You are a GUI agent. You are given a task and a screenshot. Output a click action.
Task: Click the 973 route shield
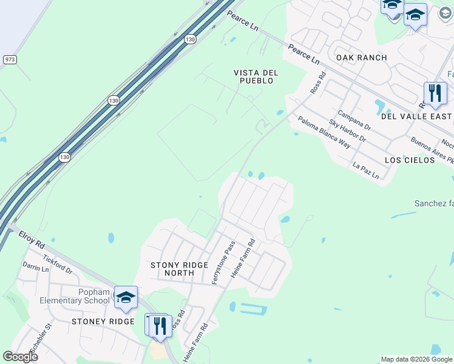[10, 59]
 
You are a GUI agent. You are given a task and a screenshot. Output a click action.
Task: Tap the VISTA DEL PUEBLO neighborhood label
[256, 76]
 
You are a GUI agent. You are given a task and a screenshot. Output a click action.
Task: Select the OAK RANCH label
[361, 58]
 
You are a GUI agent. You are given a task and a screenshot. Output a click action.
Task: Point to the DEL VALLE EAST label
[416, 116]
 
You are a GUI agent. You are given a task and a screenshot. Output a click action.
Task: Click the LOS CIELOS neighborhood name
[410, 160]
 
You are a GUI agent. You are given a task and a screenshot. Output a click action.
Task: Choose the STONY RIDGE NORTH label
[180, 269]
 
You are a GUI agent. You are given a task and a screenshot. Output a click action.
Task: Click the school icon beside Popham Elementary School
[126, 297]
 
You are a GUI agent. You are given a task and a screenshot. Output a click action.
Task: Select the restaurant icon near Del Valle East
[435, 93]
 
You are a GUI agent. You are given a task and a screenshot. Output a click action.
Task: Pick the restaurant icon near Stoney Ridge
[160, 325]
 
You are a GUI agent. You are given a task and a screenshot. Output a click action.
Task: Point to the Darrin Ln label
[35, 266]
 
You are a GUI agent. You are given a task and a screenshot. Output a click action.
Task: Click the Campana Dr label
[354, 121]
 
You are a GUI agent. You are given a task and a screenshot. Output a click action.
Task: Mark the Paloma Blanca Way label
[324, 132]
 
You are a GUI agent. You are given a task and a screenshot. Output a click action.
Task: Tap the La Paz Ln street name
[365, 170]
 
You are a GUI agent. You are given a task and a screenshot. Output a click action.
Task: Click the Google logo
[20, 357]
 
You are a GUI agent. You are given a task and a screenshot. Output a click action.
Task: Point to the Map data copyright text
[416, 359]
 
